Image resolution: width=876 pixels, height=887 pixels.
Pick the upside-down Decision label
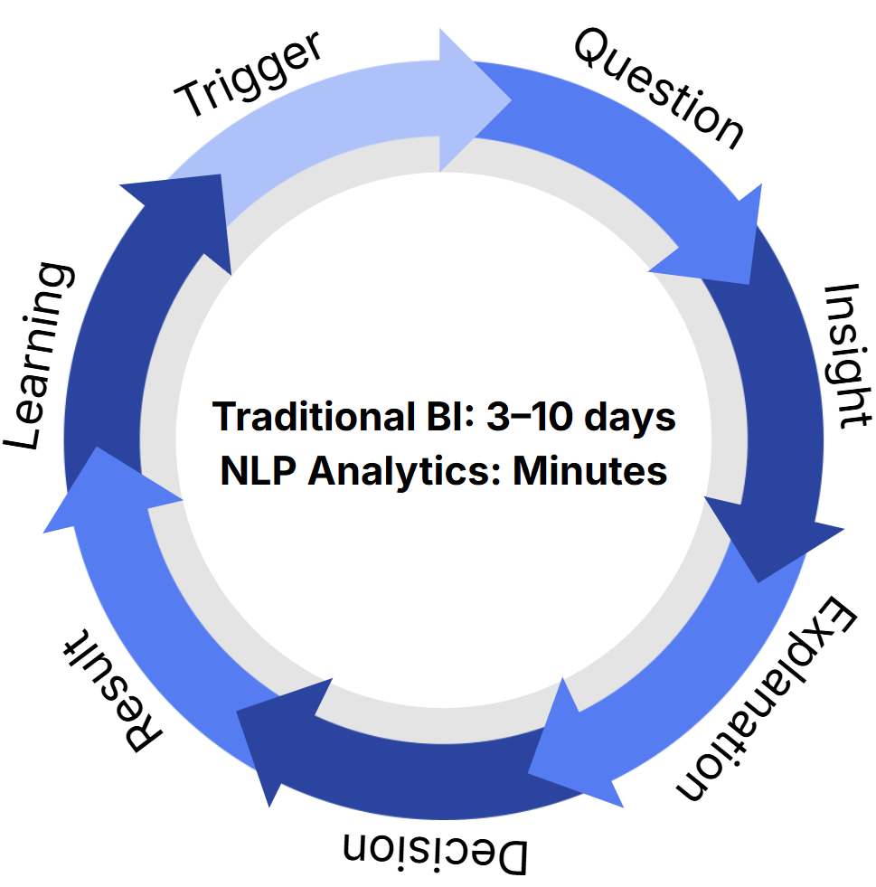(x=434, y=851)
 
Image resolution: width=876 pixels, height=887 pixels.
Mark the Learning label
(x=42, y=356)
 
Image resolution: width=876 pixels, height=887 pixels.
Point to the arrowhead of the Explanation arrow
(x=570, y=741)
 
